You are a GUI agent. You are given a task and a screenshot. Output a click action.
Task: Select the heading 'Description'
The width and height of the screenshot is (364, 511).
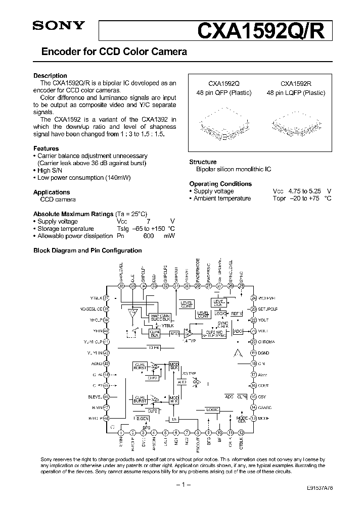coord(50,76)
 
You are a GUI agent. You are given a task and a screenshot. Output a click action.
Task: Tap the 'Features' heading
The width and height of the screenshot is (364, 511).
coord(46,149)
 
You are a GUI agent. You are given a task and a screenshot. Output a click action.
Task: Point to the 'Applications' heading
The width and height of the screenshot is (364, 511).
coord(52,192)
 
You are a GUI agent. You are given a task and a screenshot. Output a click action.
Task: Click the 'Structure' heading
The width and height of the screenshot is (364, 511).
coord(203,162)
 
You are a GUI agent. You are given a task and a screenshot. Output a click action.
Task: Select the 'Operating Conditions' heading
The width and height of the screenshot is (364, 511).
coord(220,184)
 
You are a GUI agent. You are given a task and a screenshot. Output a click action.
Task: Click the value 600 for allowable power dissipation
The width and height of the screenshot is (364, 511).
coord(149,236)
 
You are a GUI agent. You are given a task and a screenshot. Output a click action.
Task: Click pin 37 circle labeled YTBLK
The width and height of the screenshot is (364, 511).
coord(106,297)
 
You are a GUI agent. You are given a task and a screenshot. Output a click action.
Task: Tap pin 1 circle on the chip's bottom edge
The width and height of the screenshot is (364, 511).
coord(121,432)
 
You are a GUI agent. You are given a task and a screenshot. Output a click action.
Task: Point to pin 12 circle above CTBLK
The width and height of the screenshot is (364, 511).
coord(241,432)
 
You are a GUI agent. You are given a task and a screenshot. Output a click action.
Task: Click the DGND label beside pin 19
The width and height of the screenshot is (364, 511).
coord(264,353)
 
